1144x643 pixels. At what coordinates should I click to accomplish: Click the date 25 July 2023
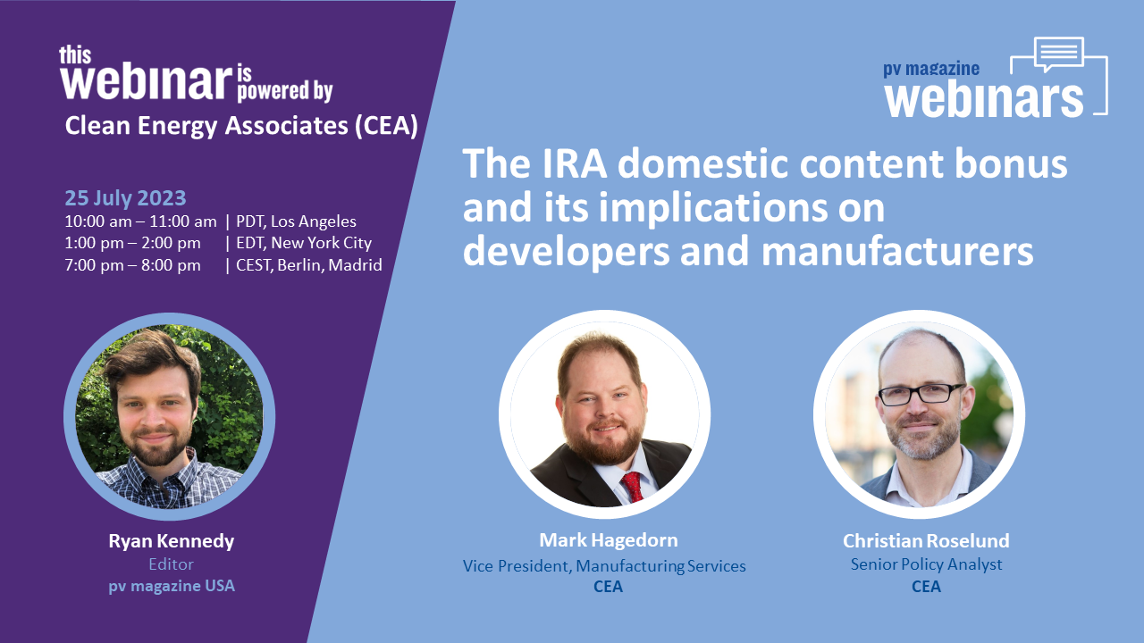click(x=125, y=198)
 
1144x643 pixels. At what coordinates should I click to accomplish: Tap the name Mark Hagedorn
click(x=608, y=540)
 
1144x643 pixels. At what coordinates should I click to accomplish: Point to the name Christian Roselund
click(x=926, y=541)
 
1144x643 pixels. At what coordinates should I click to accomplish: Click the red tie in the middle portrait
click(x=633, y=486)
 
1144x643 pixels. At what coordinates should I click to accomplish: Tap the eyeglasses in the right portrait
click(x=921, y=394)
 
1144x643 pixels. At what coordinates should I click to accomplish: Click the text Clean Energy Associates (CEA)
click(x=241, y=127)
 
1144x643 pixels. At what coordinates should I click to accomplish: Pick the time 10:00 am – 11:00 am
click(x=140, y=221)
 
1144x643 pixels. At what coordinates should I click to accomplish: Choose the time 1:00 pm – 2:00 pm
click(x=132, y=243)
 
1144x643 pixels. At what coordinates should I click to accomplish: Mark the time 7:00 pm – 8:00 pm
click(x=132, y=265)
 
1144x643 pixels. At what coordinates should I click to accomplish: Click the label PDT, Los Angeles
click(x=296, y=221)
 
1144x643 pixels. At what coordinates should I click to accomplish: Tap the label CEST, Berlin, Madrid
click(x=309, y=265)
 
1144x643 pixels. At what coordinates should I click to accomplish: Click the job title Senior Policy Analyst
click(x=926, y=564)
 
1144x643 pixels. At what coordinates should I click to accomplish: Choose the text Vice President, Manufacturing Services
click(x=604, y=565)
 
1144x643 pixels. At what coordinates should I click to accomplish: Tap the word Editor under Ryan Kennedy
click(x=170, y=564)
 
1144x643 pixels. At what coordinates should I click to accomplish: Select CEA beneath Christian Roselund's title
click(x=926, y=587)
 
